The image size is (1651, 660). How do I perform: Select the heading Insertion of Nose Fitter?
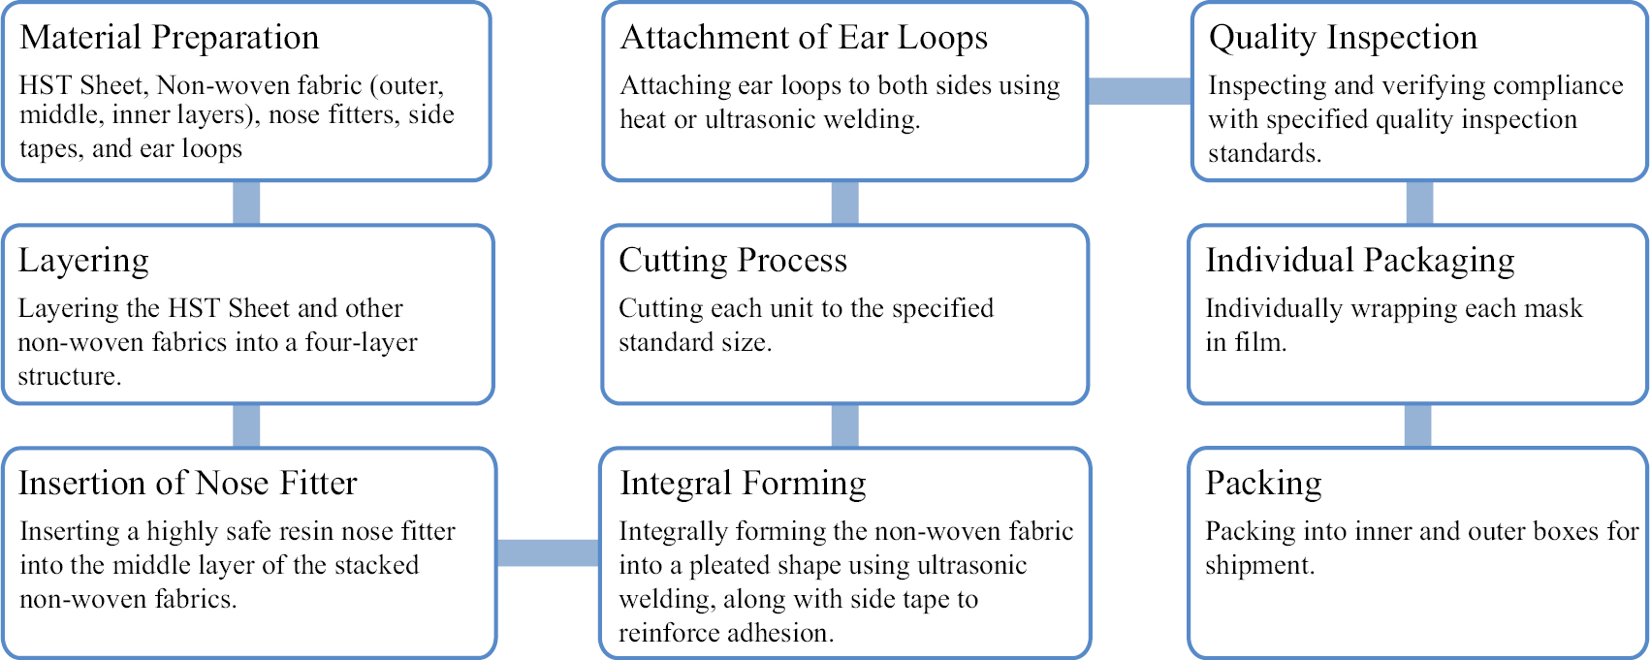(x=188, y=484)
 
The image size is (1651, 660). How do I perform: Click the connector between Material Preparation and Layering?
(x=246, y=203)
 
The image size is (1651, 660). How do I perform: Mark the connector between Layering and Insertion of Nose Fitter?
(x=246, y=425)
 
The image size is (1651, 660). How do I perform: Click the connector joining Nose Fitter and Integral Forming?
(x=549, y=552)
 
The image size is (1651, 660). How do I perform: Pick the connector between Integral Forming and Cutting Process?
(x=844, y=425)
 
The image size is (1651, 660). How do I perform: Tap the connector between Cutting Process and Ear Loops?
(x=844, y=203)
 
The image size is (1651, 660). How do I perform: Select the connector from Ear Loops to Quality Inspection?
(x=1139, y=90)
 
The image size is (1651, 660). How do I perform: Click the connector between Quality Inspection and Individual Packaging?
(x=1419, y=203)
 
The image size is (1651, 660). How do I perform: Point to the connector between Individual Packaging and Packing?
(x=1418, y=425)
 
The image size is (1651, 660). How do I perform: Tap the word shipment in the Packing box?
(x=1259, y=566)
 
